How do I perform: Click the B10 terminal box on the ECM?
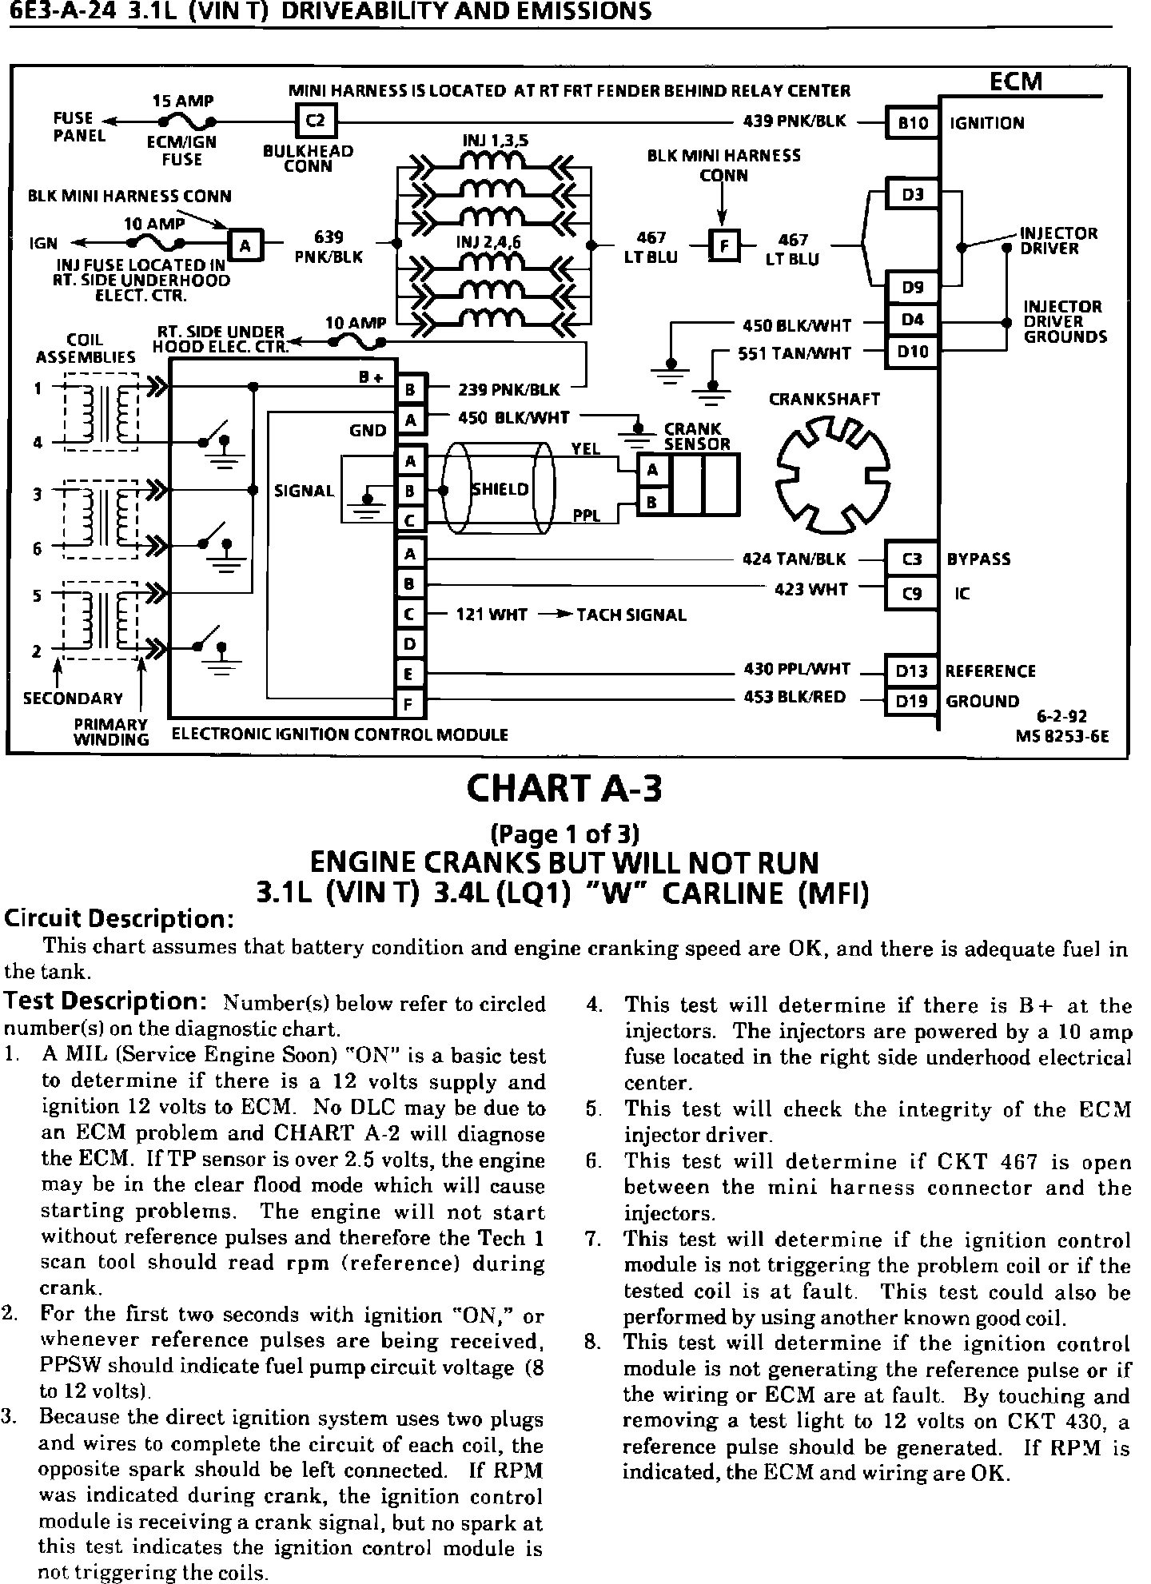point(912,122)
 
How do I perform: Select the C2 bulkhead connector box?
point(317,121)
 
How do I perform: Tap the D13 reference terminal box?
point(911,671)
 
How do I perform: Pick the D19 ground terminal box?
point(911,701)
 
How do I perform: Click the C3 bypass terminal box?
point(911,559)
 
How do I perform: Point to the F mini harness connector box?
point(725,245)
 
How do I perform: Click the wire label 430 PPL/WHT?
point(796,670)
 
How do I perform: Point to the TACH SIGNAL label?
point(631,615)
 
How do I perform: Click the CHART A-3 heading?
point(564,789)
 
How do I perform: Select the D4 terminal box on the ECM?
point(911,320)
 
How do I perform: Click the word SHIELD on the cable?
point(500,489)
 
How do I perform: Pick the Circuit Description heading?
point(118,919)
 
